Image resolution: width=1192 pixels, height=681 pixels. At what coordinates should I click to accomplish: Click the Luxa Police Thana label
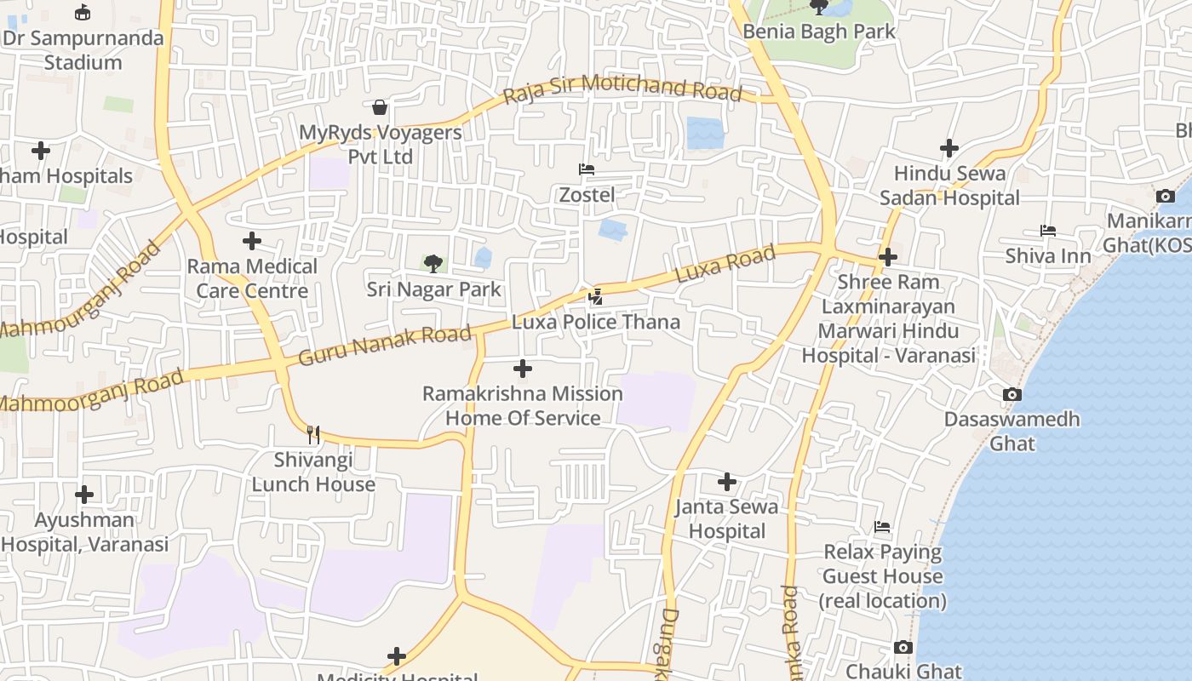[x=596, y=322]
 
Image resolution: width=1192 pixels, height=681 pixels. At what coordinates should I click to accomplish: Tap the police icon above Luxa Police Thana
[x=596, y=297]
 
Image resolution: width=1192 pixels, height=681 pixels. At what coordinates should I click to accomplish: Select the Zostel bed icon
[x=587, y=169]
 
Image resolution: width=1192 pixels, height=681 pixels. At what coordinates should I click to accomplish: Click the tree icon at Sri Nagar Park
[x=433, y=263]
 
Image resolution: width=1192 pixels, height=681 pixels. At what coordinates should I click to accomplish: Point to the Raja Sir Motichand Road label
[x=622, y=89]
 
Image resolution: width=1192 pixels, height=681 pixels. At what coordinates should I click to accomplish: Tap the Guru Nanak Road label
[x=385, y=345]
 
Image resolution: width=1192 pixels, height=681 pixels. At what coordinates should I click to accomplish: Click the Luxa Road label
[x=725, y=264]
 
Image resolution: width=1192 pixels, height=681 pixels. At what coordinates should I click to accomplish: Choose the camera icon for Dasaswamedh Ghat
[x=1011, y=394]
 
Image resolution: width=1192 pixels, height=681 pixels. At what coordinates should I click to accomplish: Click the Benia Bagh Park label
[x=819, y=31]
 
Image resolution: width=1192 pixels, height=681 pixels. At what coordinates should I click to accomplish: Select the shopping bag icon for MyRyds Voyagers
[x=380, y=107]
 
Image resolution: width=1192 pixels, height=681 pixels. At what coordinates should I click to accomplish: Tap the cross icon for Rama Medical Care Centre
[x=252, y=241]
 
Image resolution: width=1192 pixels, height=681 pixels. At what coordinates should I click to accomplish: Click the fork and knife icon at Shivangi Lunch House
[x=313, y=435]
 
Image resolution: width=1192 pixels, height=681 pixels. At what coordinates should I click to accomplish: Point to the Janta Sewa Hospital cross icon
[x=726, y=482]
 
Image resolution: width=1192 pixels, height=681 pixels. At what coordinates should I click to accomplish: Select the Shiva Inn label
[x=1048, y=255]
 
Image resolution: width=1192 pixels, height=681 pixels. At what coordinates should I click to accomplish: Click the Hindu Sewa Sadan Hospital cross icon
[x=949, y=148]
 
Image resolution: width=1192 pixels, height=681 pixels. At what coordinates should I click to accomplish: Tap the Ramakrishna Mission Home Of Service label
[x=523, y=406]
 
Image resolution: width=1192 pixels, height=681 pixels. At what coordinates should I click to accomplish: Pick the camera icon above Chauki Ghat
[x=903, y=648]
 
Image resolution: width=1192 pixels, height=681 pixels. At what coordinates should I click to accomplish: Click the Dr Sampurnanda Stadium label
[x=83, y=50]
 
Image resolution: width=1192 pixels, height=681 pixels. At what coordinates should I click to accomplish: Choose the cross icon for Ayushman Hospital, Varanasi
[x=84, y=495]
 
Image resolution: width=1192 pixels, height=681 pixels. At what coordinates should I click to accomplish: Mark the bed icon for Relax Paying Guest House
[x=882, y=527]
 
